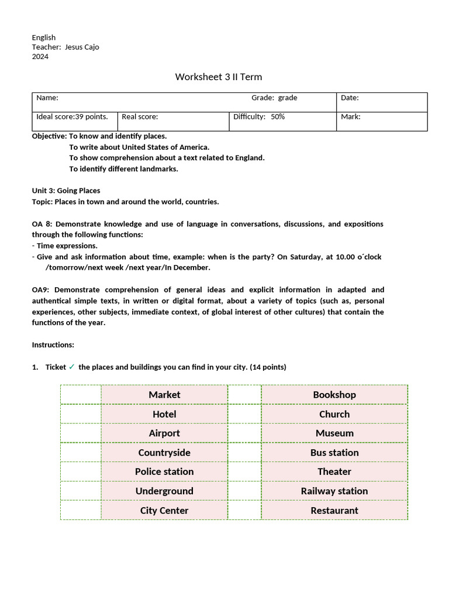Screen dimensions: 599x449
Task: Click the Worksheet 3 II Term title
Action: (x=219, y=77)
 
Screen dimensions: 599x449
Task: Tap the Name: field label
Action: (x=47, y=98)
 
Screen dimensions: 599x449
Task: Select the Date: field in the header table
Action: (x=350, y=98)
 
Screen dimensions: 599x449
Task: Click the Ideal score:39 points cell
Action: (x=72, y=116)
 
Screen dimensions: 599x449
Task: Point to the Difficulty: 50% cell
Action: (x=259, y=116)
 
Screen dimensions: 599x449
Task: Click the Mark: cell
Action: (x=351, y=116)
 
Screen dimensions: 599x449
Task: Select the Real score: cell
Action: (x=140, y=116)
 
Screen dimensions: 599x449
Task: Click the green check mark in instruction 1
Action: (x=71, y=367)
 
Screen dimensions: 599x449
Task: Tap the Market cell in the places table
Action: (x=164, y=395)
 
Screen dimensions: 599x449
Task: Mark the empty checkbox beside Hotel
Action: (x=81, y=414)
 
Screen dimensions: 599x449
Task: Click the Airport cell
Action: (x=164, y=433)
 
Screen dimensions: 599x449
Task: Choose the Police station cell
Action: (x=164, y=471)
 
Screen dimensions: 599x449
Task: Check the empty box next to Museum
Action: (x=244, y=433)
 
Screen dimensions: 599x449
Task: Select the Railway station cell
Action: (x=334, y=491)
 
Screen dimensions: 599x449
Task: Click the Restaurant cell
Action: (x=334, y=510)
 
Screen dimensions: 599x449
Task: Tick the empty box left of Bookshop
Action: (x=244, y=395)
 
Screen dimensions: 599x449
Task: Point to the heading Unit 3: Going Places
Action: (x=66, y=191)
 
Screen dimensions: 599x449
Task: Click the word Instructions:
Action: (x=53, y=345)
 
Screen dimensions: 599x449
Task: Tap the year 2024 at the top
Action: (x=40, y=57)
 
